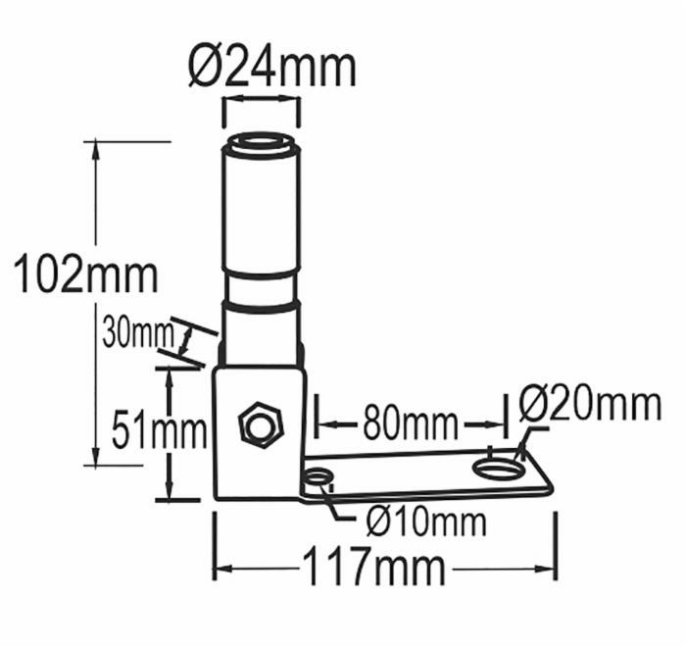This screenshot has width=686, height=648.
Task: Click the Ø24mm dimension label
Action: click(270, 66)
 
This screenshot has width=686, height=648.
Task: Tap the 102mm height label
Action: click(86, 273)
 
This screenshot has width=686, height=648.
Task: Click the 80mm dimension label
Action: click(410, 424)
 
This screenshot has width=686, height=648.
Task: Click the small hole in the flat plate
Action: click(318, 479)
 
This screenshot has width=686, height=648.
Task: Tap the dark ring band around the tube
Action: click(261, 306)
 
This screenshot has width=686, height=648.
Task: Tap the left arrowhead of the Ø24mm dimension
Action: click(227, 100)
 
